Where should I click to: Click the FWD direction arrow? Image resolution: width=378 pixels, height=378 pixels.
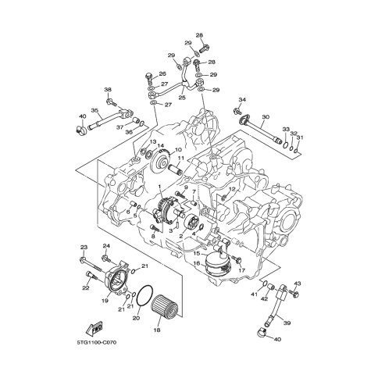coord(94,329)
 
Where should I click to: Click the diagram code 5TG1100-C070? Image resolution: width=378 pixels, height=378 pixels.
coord(97,342)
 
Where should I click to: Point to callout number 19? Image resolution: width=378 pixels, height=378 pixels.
coord(105,301)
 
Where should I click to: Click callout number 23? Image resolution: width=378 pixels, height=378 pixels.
coord(84,247)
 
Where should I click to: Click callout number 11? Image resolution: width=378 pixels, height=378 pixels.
coord(180,158)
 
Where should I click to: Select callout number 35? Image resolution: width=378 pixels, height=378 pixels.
coord(94,110)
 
